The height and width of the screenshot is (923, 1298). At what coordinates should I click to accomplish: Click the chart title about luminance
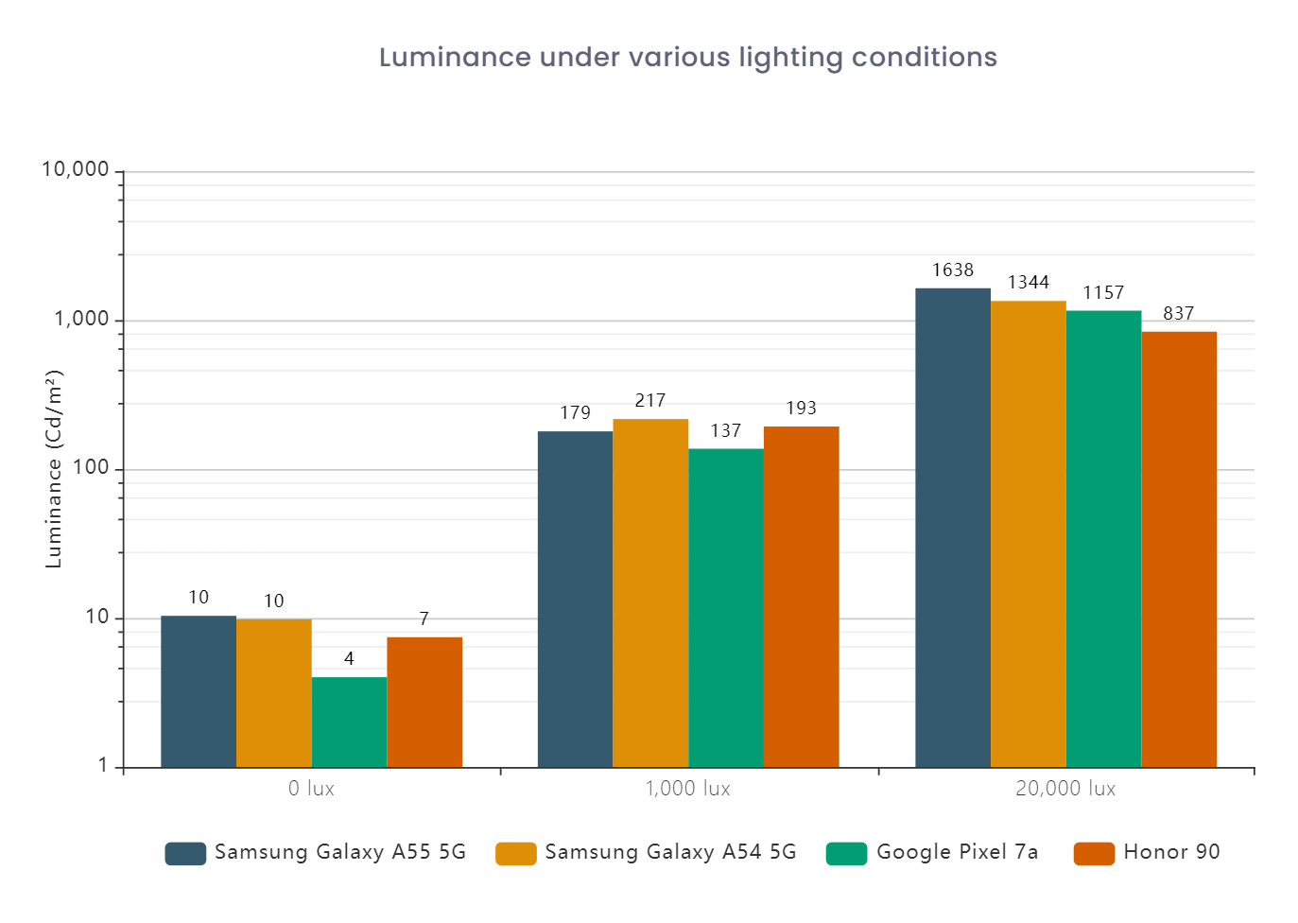tap(687, 58)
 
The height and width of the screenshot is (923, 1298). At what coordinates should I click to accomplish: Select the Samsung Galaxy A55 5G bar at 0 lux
tap(199, 691)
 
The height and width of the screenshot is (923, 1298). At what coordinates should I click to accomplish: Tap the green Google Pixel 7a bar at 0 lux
tap(349, 722)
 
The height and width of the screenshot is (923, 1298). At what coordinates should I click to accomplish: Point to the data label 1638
tap(952, 270)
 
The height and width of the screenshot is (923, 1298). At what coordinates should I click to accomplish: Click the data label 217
tap(650, 401)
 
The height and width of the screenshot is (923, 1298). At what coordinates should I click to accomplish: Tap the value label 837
tap(1178, 314)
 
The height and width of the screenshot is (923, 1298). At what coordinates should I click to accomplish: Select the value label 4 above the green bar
tap(349, 659)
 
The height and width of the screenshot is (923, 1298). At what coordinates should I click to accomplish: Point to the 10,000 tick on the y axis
tap(76, 170)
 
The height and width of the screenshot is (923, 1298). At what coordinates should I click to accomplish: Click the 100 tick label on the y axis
tap(91, 469)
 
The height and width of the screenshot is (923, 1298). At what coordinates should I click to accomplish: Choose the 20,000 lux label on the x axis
tap(1065, 789)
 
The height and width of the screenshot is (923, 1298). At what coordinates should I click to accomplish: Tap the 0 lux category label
tap(311, 789)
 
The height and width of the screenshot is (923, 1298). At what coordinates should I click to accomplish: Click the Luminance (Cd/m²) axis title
tap(54, 469)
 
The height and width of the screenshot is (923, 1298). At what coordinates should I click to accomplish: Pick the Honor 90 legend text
tap(1171, 852)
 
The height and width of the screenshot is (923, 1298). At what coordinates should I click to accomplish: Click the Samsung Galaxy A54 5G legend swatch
tap(515, 853)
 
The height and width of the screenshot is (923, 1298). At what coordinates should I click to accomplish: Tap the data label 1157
tap(1103, 293)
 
